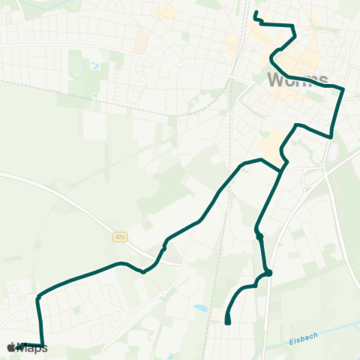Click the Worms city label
coord(297,79)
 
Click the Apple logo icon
coord(11,347)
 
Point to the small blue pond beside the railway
coord(200,307)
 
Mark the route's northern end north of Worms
coord(256,13)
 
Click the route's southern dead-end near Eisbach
coord(227,322)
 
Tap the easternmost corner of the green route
coord(343,89)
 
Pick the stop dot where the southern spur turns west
coord(268,273)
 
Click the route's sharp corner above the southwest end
coord(37,298)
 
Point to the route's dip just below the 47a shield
coord(143,271)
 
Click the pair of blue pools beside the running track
coord(96,64)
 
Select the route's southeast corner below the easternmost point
coord(331,136)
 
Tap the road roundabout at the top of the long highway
coord(312,178)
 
